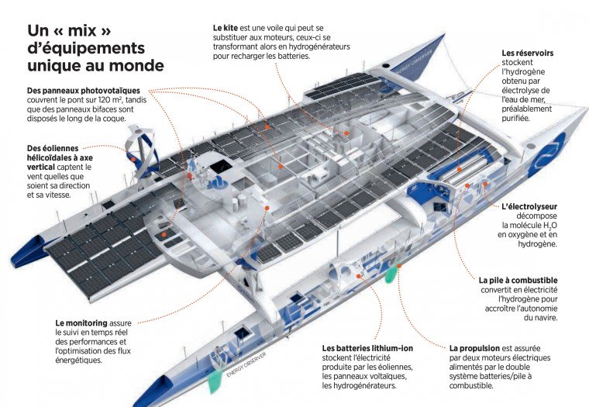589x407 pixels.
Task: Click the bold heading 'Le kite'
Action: click(x=226, y=27)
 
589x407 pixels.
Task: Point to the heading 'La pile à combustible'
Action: click(x=518, y=280)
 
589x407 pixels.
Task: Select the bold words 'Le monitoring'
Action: click(x=81, y=322)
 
